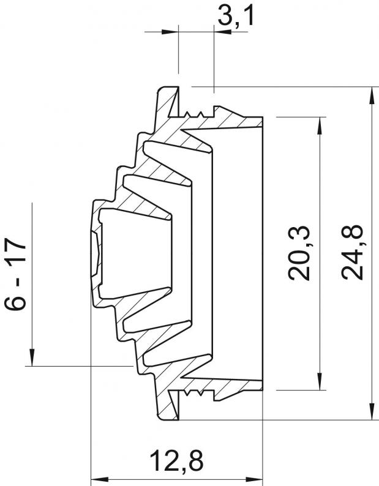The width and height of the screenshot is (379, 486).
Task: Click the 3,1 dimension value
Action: (236, 16)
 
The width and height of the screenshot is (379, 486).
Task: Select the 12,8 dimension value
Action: (177, 461)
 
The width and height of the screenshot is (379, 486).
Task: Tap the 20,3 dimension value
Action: (299, 253)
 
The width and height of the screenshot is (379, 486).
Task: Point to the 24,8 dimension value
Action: (352, 252)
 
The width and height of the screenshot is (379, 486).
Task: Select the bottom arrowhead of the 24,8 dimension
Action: (372, 411)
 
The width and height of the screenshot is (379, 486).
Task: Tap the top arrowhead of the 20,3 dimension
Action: (319, 125)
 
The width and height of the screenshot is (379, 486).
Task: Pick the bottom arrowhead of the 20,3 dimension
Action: (319, 381)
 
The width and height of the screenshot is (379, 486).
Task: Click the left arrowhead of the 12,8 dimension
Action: (99, 479)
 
